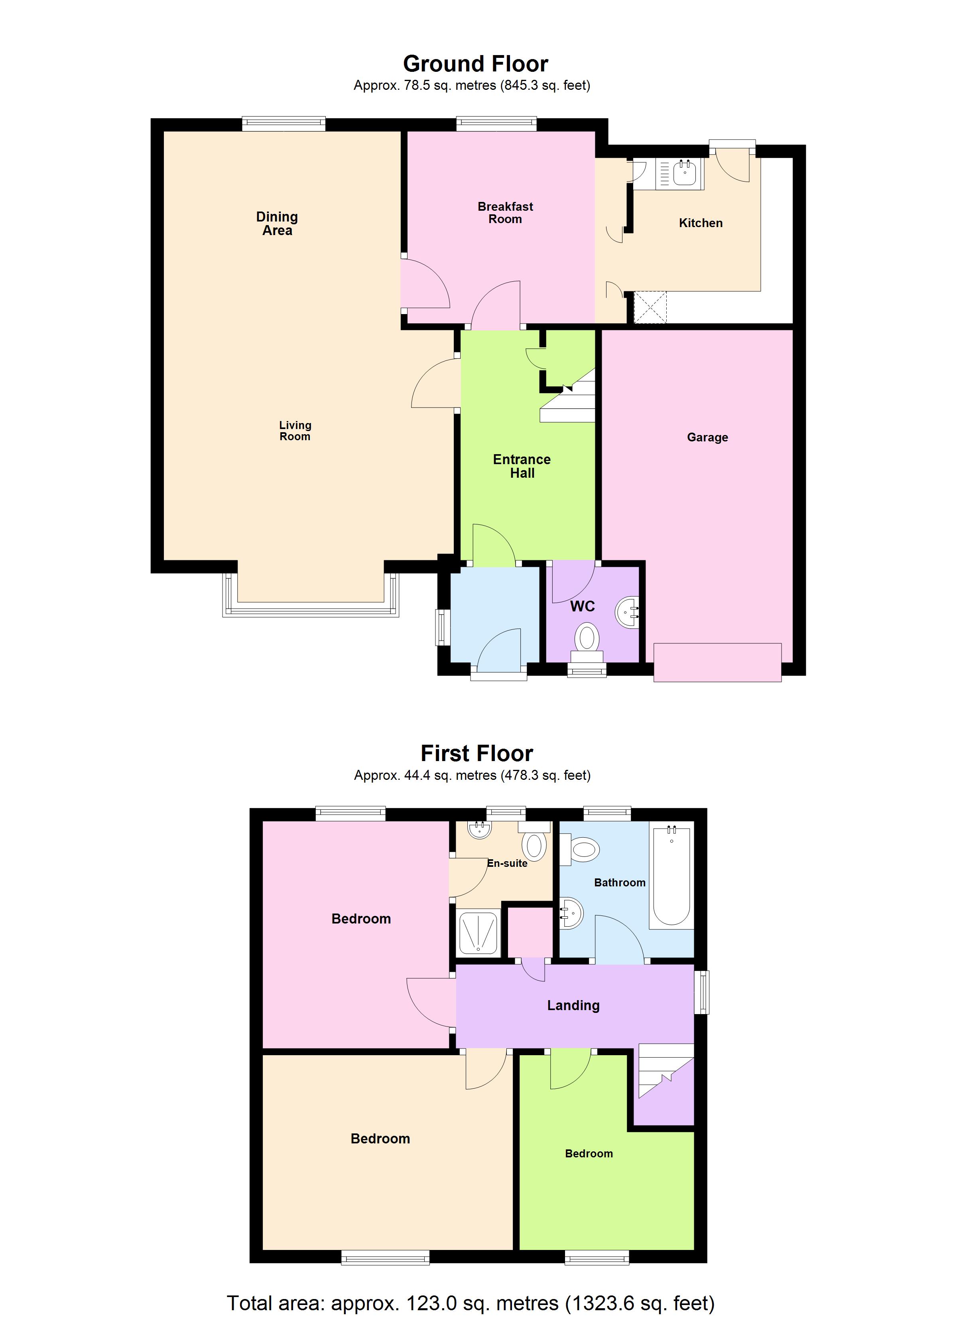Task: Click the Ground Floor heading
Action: (x=475, y=64)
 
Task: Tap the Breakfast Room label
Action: (x=505, y=213)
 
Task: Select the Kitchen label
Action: (x=701, y=223)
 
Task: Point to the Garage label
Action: (x=707, y=437)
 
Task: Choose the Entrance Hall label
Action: (x=522, y=466)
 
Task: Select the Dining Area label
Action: (x=277, y=223)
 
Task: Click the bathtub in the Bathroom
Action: (x=671, y=877)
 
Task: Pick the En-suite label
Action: (x=507, y=864)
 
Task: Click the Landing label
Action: (x=573, y=1005)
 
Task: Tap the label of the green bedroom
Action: (x=589, y=1154)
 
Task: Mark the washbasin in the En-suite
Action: (x=479, y=829)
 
